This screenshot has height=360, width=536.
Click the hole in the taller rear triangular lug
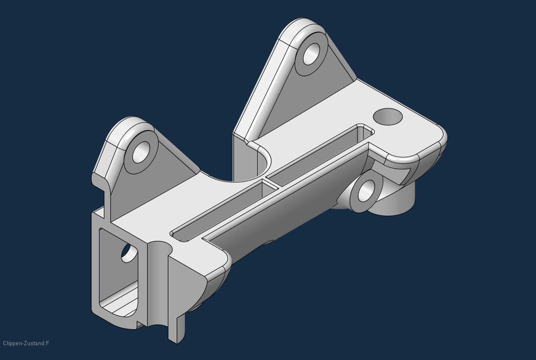tap(311, 56)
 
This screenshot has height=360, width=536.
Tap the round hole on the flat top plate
tap(388, 116)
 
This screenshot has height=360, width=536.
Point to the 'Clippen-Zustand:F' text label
tap(26, 343)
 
